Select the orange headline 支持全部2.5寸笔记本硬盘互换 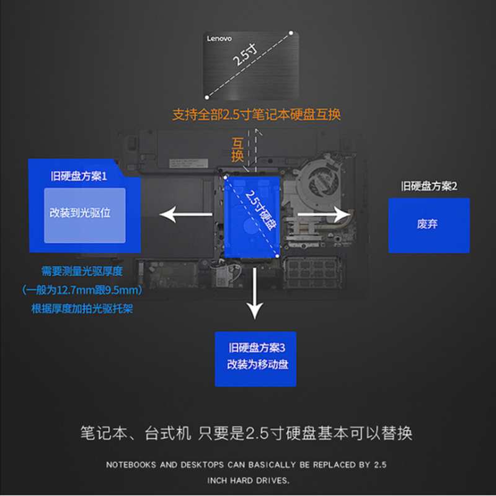pyautogui.click(x=256, y=115)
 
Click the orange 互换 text pyautogui.click(x=237, y=150)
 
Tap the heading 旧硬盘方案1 pyautogui.click(x=79, y=177)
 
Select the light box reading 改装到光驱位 pyautogui.click(x=84, y=215)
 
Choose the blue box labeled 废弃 pyautogui.click(x=428, y=225)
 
